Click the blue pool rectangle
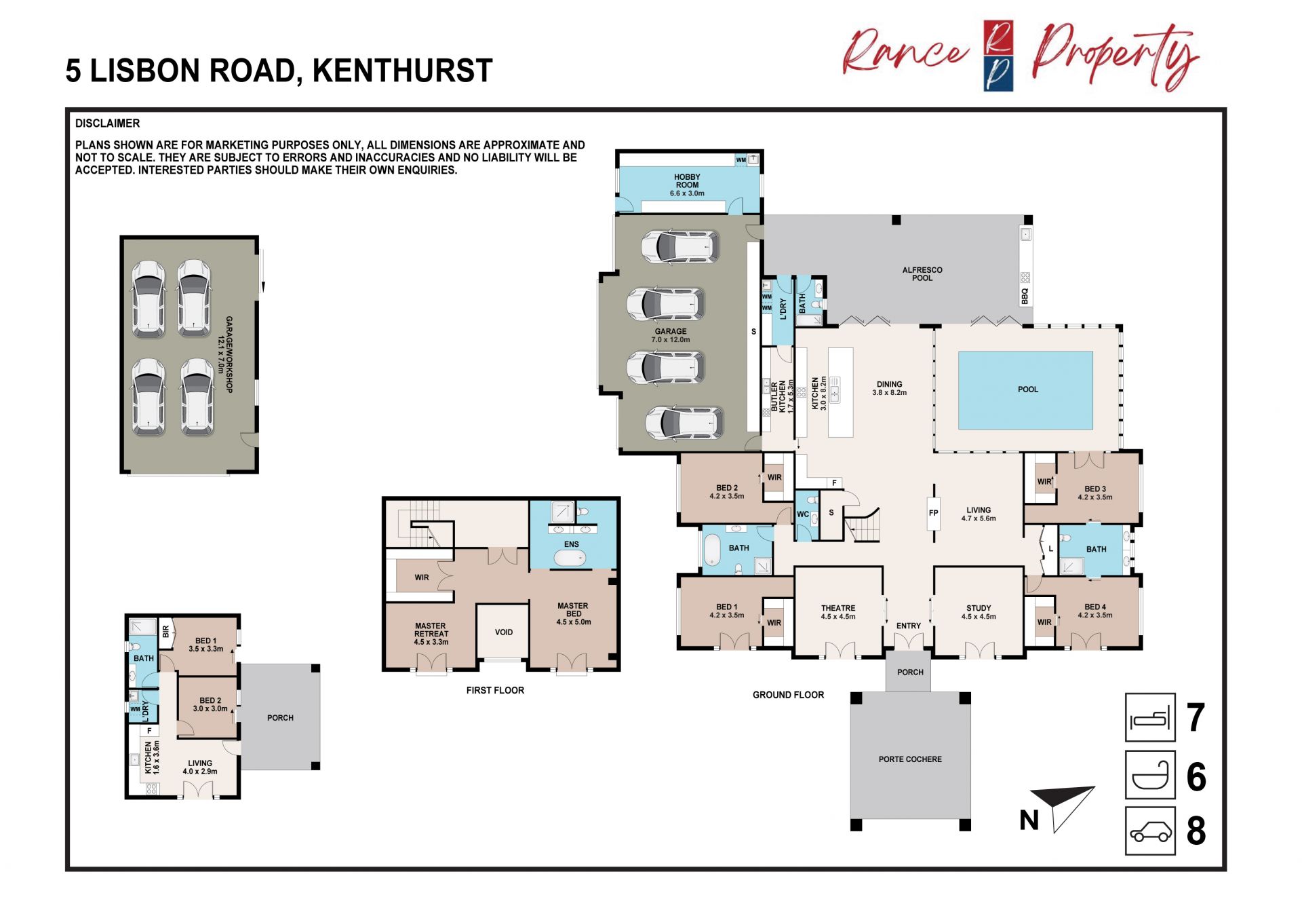(x=1025, y=390)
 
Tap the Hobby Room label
(x=687, y=185)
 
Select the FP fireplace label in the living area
(x=934, y=513)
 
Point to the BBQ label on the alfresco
(x=1025, y=296)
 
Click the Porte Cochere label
(x=910, y=759)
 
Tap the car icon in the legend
(x=1150, y=831)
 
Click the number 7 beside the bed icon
(x=1196, y=717)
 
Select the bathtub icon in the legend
(x=1150, y=774)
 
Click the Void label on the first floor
(x=504, y=632)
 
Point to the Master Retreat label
(x=431, y=634)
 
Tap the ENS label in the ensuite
(x=572, y=544)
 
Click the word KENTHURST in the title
(x=402, y=71)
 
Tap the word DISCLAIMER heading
(x=107, y=123)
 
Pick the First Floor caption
(x=495, y=690)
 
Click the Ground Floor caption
(x=788, y=695)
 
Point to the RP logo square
(x=998, y=56)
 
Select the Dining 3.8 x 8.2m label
(x=889, y=388)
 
